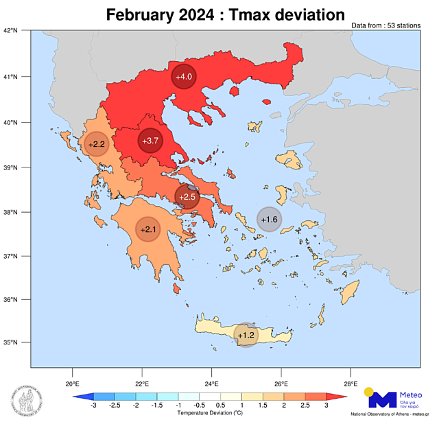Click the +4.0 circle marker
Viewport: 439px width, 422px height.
pos(184,77)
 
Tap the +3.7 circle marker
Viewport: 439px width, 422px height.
pos(150,141)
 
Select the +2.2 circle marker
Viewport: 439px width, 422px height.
pos(97,144)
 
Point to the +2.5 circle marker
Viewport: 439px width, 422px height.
pos(187,197)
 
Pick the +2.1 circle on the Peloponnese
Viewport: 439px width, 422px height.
pos(148,229)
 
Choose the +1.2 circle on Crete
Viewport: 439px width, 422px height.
pos(246,335)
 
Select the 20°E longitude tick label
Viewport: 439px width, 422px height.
pos(72,384)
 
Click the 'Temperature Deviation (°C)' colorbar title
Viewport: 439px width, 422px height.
pos(210,414)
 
